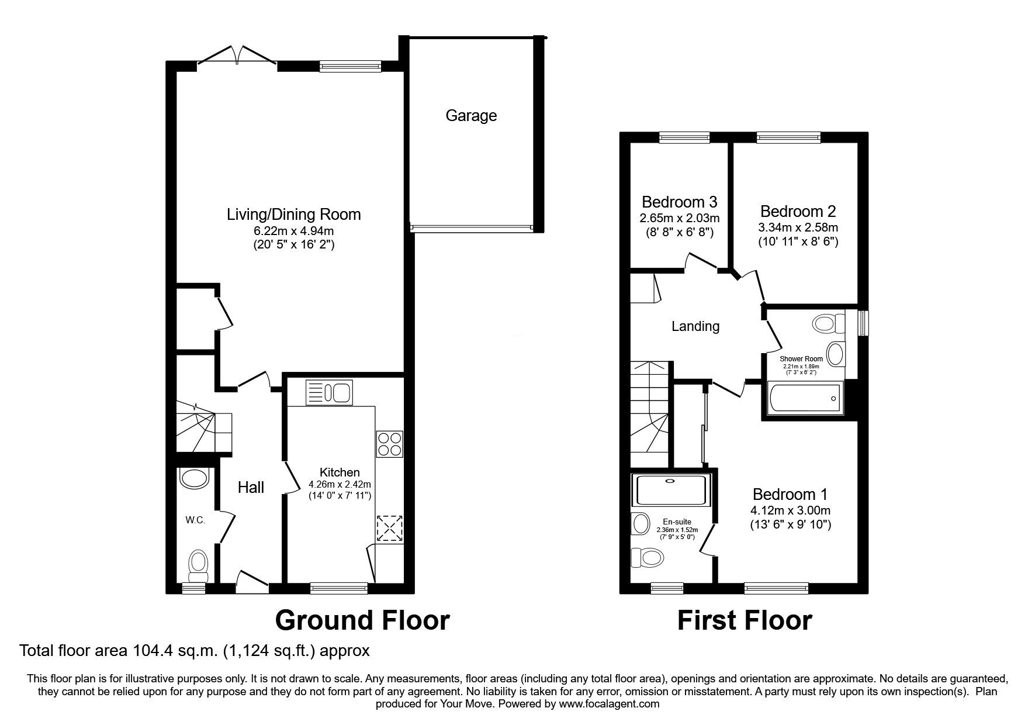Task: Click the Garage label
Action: coord(471,116)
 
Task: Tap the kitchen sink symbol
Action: coord(328,392)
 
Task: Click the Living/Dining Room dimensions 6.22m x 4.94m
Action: coord(293,231)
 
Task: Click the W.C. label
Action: coord(195,520)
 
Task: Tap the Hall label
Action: coord(251,488)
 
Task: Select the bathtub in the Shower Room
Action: coord(804,399)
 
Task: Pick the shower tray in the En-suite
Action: coord(671,490)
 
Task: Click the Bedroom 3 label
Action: coord(679,202)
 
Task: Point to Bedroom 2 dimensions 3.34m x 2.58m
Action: coord(798,227)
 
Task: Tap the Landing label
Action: coord(695,326)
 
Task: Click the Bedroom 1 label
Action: coord(790,494)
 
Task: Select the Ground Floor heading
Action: coord(362,620)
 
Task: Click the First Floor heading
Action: coord(744,620)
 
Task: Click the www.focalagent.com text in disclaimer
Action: coord(609,704)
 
